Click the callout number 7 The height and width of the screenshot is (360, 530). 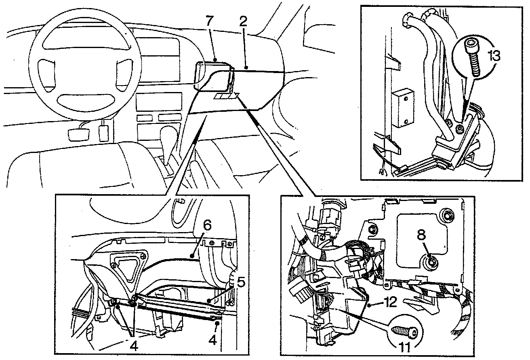click(209, 22)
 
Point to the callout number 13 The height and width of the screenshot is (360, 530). click(493, 55)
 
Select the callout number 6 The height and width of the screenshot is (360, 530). click(207, 226)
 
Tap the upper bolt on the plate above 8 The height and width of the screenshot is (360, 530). click(446, 214)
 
